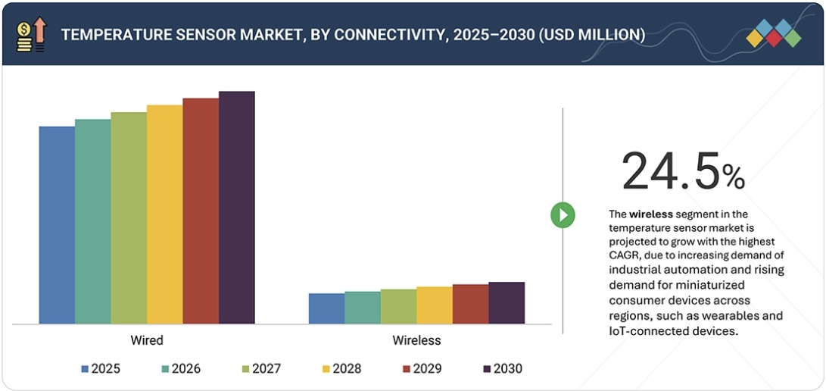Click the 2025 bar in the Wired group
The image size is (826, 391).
pyautogui.click(x=57, y=225)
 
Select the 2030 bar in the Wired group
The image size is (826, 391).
pyautogui.click(x=237, y=208)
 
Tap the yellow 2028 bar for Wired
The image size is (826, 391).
pyautogui.click(x=164, y=214)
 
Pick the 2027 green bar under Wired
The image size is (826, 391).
pyautogui.click(x=129, y=218)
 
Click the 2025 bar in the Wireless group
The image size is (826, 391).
pyautogui.click(x=326, y=308)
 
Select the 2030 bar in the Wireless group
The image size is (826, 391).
pyautogui.click(x=507, y=303)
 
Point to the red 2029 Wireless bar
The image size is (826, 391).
pyautogui.click(x=470, y=304)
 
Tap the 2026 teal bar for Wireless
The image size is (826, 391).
pyautogui.click(x=363, y=308)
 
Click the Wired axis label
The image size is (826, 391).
pyautogui.click(x=147, y=340)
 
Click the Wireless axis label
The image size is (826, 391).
pyautogui.click(x=416, y=340)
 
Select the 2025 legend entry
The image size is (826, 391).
pyautogui.click(x=100, y=369)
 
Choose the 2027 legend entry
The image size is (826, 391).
pyautogui.click(x=260, y=369)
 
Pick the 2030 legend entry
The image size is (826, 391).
pyautogui.click(x=502, y=369)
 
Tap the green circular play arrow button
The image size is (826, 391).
pyautogui.click(x=563, y=215)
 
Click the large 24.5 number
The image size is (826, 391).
pyautogui.click(x=670, y=171)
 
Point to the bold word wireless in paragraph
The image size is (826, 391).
pyautogui.click(x=650, y=214)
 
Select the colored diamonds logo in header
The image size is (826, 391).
pyautogui.click(x=773, y=34)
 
